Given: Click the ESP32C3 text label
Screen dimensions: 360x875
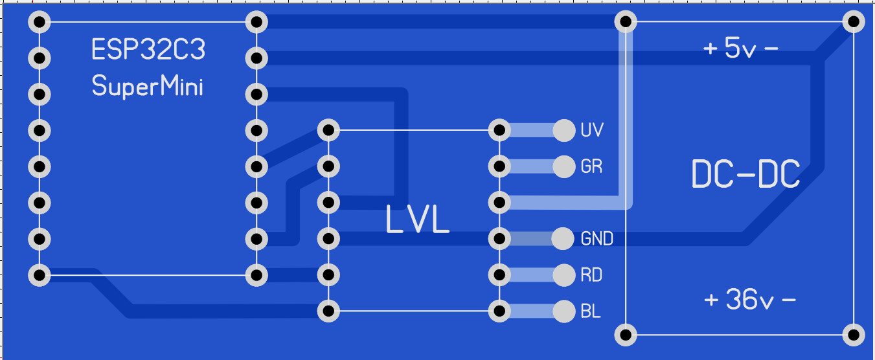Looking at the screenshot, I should [x=148, y=50].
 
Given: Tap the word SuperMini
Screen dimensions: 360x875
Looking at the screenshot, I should [x=147, y=85].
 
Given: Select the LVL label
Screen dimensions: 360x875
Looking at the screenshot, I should [x=417, y=219].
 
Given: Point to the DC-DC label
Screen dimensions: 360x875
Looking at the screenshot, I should [x=745, y=174].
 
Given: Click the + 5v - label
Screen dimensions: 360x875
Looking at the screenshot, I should [x=741, y=49].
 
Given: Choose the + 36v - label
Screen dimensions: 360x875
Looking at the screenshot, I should [x=750, y=300].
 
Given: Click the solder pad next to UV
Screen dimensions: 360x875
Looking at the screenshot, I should [x=564, y=131].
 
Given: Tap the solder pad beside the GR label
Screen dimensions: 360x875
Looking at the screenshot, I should [x=564, y=167].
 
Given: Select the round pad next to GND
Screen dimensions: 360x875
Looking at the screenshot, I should [x=563, y=239].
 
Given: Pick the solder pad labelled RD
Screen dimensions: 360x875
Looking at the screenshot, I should [x=564, y=275].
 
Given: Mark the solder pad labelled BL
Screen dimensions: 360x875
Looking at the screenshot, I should [x=564, y=311].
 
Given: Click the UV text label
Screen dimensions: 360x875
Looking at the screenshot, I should [x=592, y=130].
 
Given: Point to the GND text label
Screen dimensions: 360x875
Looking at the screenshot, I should [x=597, y=239].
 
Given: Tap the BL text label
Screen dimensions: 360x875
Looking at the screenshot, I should [x=591, y=311].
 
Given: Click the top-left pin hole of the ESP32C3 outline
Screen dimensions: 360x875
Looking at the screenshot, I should [x=40, y=23].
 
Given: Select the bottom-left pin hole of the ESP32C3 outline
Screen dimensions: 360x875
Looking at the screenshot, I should [x=40, y=276].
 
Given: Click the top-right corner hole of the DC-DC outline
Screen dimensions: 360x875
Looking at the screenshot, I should [x=854, y=23].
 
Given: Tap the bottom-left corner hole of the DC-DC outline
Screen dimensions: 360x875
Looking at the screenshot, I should [x=626, y=335].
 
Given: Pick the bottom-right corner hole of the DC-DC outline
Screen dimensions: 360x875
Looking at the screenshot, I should [x=854, y=335].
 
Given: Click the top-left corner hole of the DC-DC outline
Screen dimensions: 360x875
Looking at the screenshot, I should [x=626, y=23].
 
